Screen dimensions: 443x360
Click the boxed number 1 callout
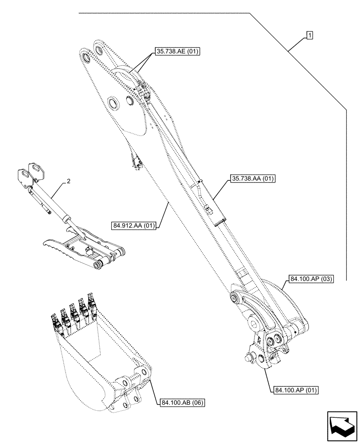309,35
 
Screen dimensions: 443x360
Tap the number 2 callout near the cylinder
68,181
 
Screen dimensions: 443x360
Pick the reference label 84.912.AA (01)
133,225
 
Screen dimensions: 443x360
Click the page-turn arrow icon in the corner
341,426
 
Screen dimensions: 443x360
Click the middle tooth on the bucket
74,312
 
